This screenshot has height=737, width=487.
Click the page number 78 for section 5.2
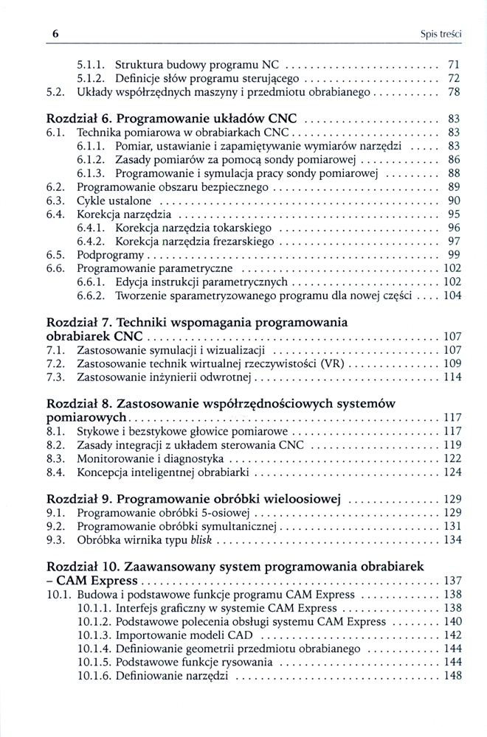point(454,92)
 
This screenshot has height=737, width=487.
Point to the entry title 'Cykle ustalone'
point(114,200)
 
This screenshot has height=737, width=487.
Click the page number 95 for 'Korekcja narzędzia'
point(454,214)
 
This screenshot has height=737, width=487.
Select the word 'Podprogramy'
point(106,254)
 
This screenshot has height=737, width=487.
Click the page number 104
point(452,296)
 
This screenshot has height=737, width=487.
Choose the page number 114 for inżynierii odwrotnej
point(452,377)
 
